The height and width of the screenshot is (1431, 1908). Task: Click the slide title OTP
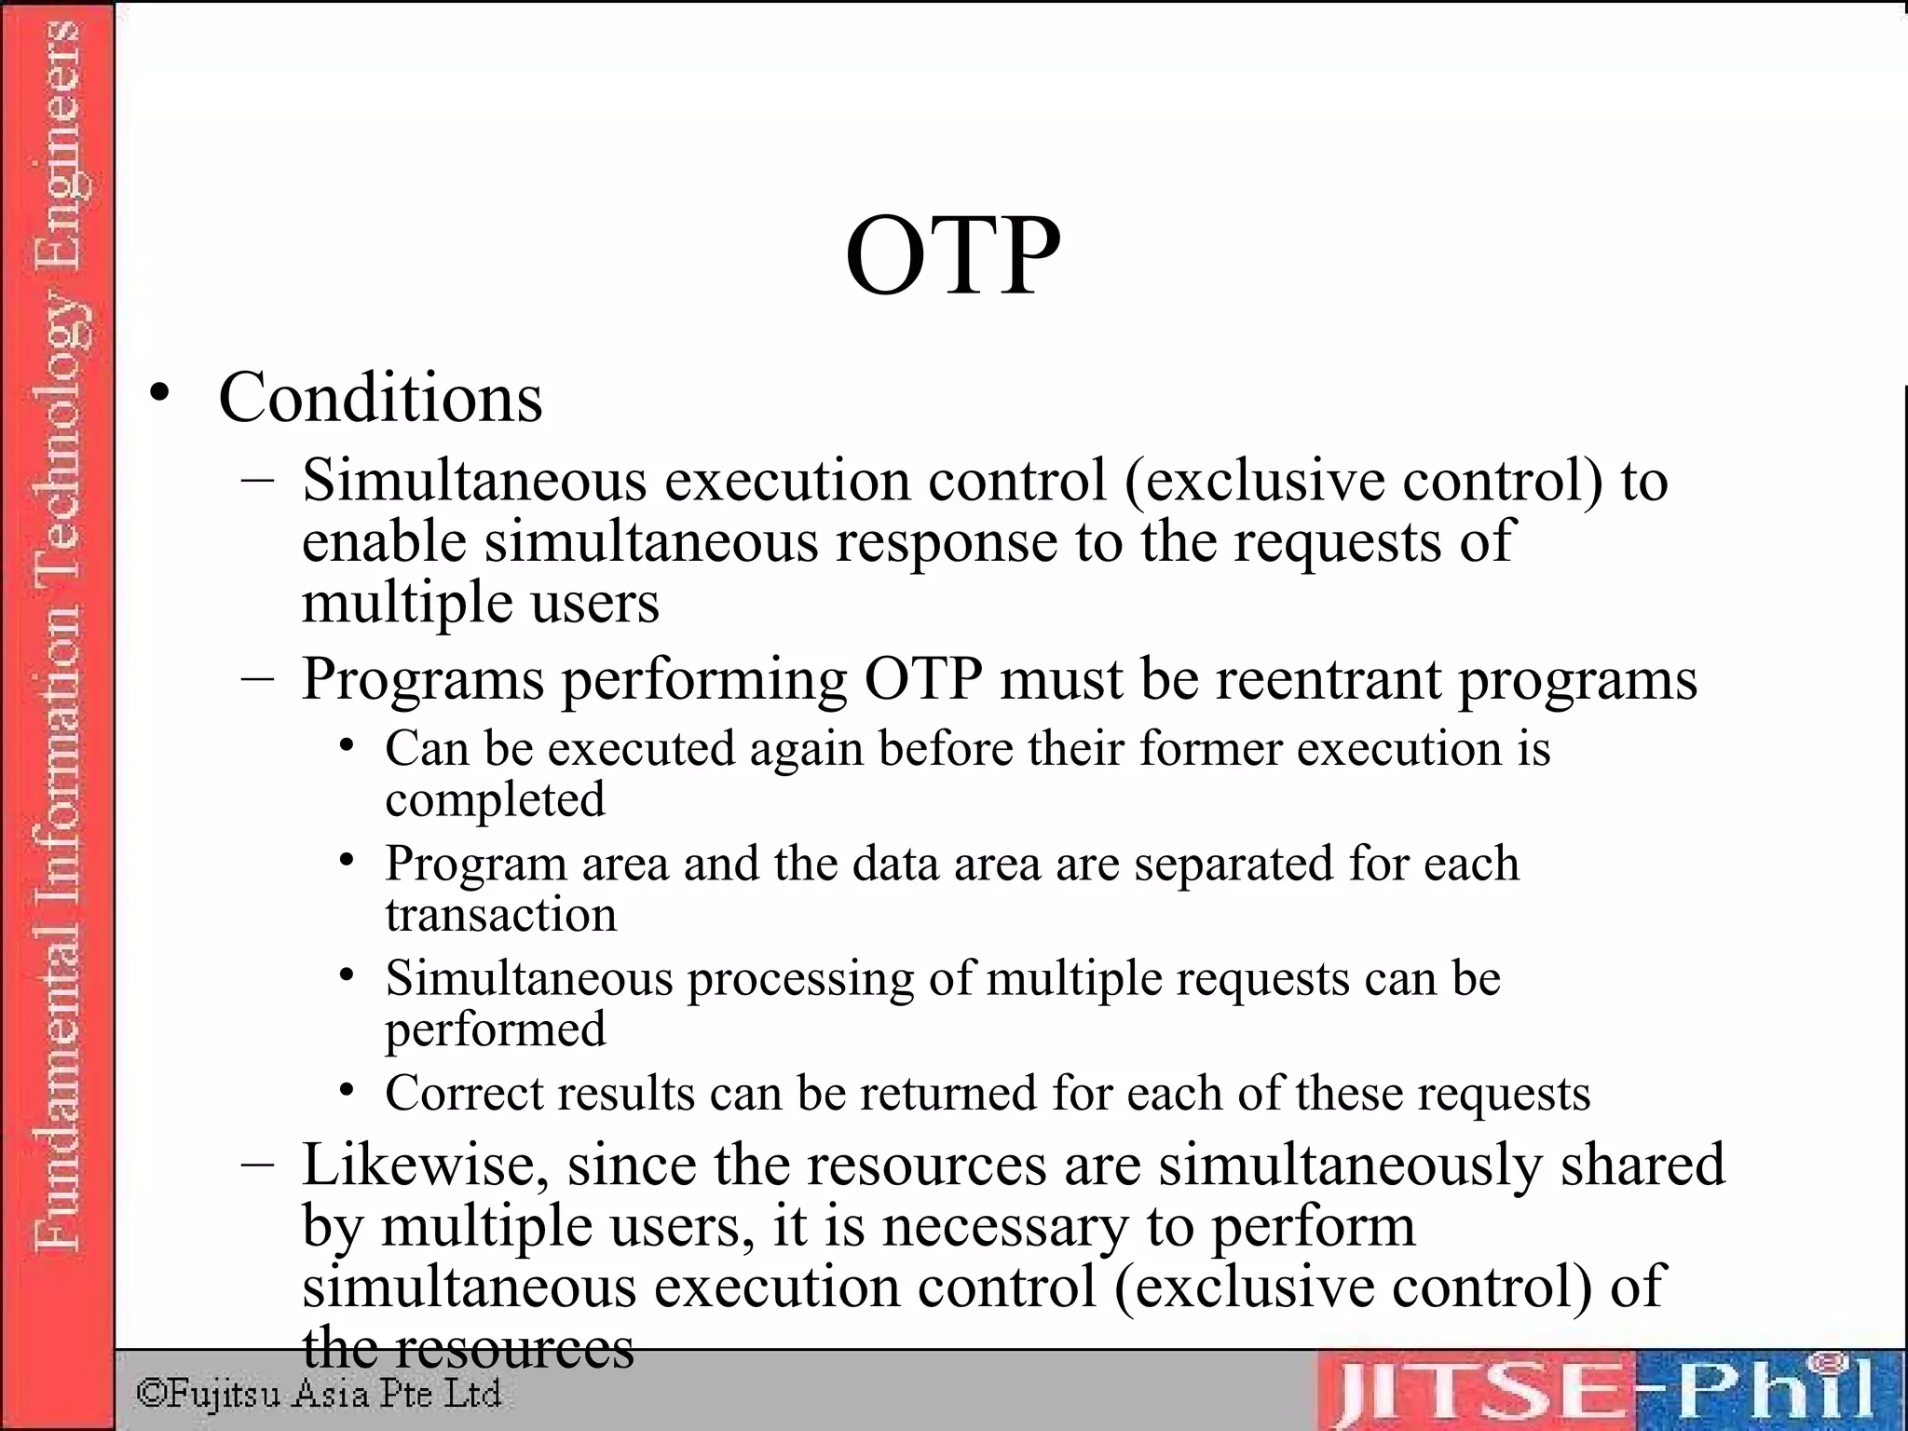click(952, 255)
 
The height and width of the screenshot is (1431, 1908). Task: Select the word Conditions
click(380, 399)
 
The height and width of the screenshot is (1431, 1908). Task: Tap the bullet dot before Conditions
click(160, 394)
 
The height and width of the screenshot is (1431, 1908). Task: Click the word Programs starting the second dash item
click(422, 680)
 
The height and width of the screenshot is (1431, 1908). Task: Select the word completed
click(495, 799)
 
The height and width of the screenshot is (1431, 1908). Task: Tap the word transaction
click(501, 915)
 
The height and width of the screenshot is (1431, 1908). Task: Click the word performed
click(496, 1029)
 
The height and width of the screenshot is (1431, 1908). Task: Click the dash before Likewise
click(256, 1165)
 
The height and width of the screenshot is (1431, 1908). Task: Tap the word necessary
click(1005, 1226)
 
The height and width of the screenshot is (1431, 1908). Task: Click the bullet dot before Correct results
click(347, 1090)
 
